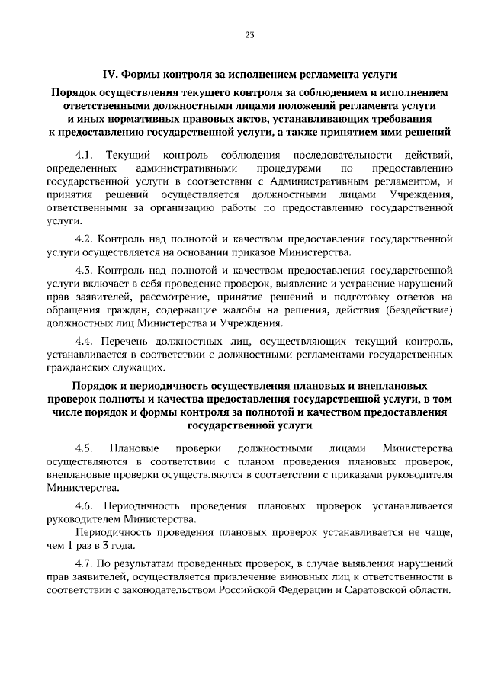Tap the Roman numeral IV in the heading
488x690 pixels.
point(108,75)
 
